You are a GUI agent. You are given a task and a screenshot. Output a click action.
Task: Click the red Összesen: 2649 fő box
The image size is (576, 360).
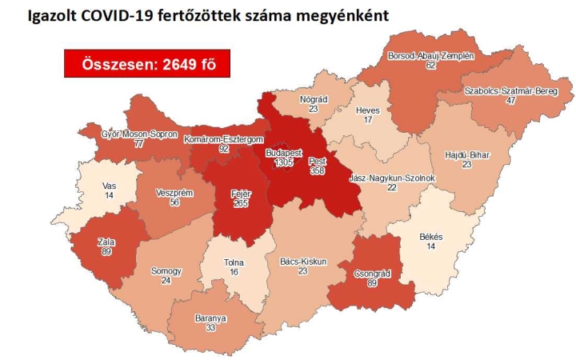click(147, 63)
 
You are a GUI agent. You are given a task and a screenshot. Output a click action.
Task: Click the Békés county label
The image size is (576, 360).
click(436, 237)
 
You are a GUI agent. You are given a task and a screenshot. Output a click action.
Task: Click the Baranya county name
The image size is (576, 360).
click(210, 318)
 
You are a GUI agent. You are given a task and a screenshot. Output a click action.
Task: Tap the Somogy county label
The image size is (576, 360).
click(166, 271)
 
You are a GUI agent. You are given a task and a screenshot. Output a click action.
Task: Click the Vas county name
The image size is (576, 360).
click(110, 185)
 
